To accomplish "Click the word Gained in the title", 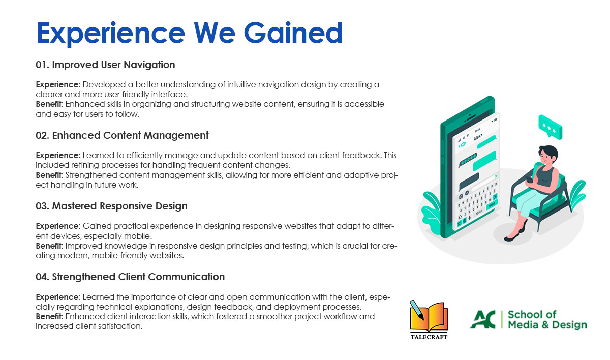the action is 293,33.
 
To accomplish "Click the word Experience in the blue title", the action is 111,34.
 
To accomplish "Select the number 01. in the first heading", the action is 43,65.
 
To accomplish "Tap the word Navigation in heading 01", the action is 149,65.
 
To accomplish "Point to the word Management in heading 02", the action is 176,135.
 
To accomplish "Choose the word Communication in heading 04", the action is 186,277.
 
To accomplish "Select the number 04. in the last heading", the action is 43,277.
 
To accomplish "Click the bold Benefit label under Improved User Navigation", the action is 49,104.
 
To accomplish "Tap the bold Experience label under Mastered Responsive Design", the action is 58,226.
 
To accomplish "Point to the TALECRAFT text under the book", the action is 429,337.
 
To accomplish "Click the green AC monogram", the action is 483,319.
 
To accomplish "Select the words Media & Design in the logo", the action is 547,325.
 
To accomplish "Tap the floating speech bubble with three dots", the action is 550,127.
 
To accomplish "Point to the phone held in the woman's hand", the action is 530,180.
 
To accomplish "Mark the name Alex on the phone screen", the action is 477,137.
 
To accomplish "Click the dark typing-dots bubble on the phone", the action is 468,160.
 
